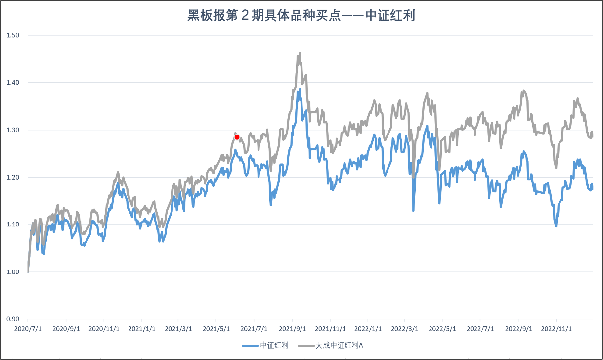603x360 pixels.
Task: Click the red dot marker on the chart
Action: tap(237, 137)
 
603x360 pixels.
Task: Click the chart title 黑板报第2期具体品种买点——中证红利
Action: tap(301, 16)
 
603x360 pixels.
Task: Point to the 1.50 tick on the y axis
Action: tap(12, 35)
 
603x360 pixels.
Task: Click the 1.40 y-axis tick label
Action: tap(12, 82)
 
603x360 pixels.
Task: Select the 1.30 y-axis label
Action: tap(12, 130)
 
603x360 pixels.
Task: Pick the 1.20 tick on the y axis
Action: tap(12, 177)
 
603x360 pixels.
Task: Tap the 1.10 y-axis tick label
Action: tap(12, 225)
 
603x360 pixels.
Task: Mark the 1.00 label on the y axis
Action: tap(12, 272)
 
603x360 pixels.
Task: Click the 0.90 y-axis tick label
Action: tap(12, 319)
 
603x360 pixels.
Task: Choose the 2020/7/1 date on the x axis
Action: tap(28, 328)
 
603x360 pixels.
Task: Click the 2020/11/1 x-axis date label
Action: tap(103, 328)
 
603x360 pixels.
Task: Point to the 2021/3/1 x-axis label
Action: tap(178, 328)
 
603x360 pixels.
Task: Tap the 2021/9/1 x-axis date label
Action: tap(292, 328)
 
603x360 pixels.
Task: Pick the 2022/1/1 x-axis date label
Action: tap(368, 328)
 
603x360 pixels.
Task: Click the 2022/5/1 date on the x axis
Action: tap(442, 328)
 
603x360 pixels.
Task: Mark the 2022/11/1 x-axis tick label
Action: tap(557, 328)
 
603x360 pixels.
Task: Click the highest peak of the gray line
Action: tap(300, 53)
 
